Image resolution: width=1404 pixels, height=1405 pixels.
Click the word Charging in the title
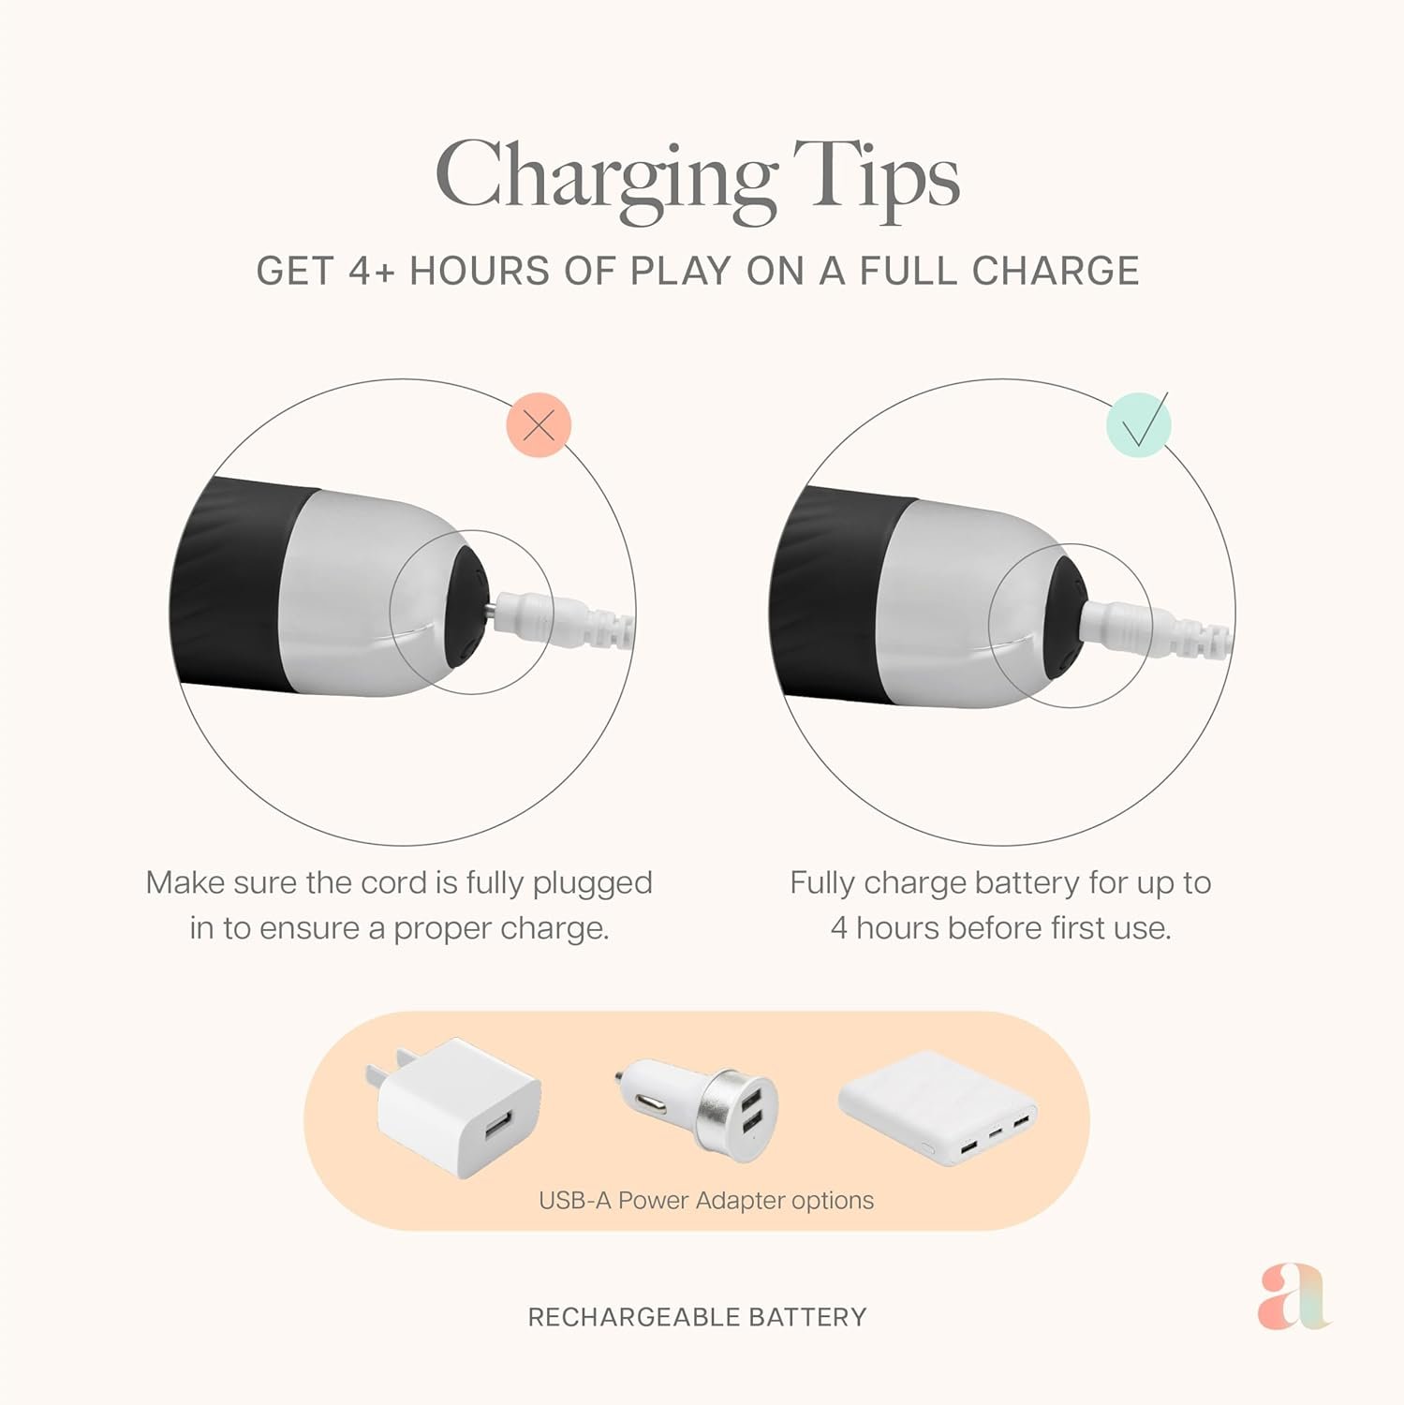(x=606, y=180)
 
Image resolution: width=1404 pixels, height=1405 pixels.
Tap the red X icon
(x=539, y=425)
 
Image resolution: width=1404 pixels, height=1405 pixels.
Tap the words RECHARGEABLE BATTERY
(x=697, y=1317)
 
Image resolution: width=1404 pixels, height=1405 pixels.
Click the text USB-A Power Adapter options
(x=706, y=1200)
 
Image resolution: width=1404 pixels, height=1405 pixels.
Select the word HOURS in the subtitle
(x=480, y=271)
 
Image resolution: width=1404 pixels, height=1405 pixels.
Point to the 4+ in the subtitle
(x=372, y=271)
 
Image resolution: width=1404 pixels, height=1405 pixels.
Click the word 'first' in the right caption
(x=1076, y=927)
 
